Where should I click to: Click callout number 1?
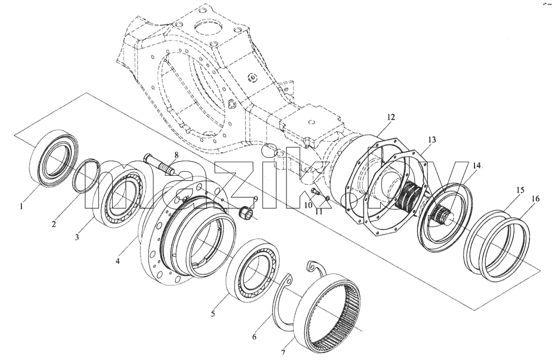tap(21, 206)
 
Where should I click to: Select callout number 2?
tap(54, 223)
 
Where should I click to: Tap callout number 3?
tap(77, 237)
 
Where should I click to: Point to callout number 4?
tap(118, 261)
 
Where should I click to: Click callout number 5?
tap(213, 313)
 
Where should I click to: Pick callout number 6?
tap(254, 337)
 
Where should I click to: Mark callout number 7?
tap(283, 352)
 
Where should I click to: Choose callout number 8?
tap(176, 155)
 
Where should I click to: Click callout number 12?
tap(391, 117)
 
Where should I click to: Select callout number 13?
tap(432, 140)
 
